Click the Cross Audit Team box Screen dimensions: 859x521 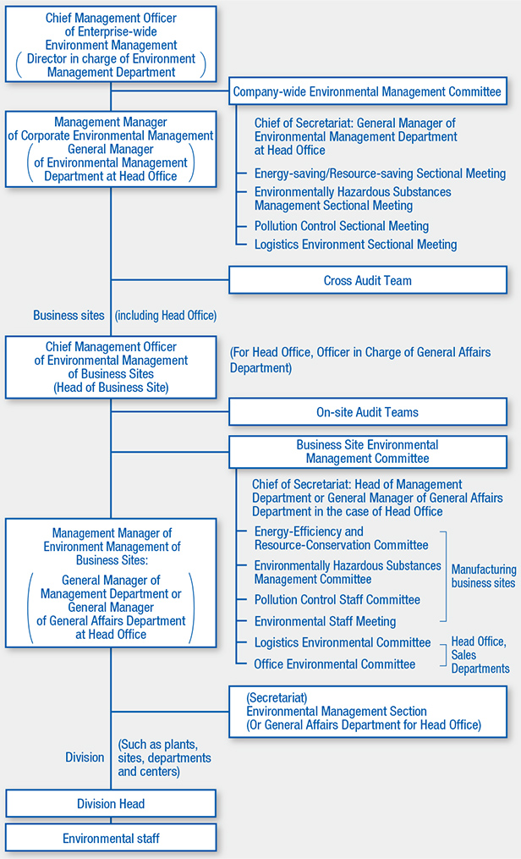tap(368, 280)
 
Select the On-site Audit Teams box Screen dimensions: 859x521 tap(368, 412)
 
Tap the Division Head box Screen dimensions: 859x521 tap(111, 804)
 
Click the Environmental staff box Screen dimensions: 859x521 tap(111, 838)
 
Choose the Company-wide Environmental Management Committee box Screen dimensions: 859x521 tap(368, 91)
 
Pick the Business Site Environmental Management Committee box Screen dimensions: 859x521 tap(368, 451)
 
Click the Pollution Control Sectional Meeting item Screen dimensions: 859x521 tap(341, 226)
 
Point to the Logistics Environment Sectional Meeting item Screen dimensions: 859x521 tap(355, 245)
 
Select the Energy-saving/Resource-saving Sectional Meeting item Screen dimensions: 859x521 tap(380, 173)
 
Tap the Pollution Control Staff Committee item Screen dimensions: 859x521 tap(337, 599)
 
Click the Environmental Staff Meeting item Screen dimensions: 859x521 tap(325, 621)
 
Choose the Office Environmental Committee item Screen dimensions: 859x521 tap(334, 664)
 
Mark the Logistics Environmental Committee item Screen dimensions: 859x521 tap(342, 643)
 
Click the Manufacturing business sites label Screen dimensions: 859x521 tap(482, 576)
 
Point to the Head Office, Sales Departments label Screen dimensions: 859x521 tap(480, 655)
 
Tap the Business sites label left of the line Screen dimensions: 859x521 tap(69, 315)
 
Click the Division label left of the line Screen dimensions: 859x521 tap(85, 757)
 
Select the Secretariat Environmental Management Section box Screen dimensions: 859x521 tap(368, 711)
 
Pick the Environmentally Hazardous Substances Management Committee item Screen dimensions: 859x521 tap(348, 572)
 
